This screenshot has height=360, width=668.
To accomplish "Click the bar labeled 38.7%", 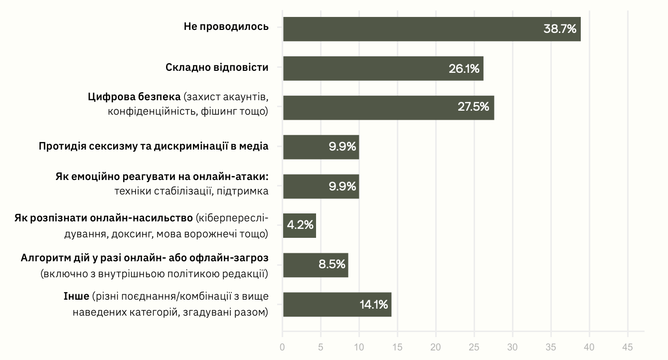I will [432, 29].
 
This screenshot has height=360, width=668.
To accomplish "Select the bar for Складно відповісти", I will [383, 68].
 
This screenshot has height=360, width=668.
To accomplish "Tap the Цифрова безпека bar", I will [388, 108].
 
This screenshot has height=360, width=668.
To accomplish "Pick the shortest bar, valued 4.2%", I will [299, 225].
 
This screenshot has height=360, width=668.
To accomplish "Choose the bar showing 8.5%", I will [315, 265].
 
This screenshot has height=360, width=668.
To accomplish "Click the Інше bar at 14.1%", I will [337, 304].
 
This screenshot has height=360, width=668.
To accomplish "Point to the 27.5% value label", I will [473, 107].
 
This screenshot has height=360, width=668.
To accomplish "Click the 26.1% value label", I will [464, 68].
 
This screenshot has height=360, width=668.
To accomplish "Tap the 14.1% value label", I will [373, 304].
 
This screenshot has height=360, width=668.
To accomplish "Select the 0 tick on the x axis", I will [283, 347].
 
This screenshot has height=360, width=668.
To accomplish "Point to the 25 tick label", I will [475, 347].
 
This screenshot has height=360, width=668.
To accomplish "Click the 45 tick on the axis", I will [628, 347].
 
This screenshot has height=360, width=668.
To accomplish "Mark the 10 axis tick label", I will [359, 347].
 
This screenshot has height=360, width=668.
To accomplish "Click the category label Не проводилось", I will [226, 27].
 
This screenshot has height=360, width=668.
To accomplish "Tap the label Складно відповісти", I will [217, 67].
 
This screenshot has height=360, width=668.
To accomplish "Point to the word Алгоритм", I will [41, 258].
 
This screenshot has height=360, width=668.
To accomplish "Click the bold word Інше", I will [76, 297].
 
